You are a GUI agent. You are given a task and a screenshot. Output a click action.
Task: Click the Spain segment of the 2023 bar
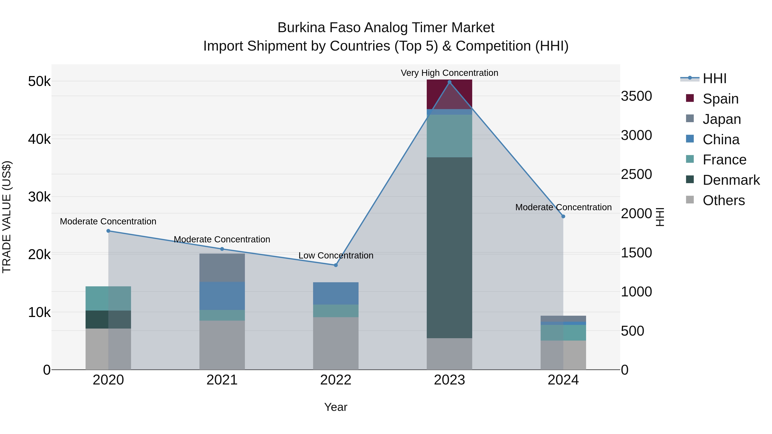point(449,94)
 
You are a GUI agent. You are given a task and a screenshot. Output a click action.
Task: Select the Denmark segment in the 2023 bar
point(449,248)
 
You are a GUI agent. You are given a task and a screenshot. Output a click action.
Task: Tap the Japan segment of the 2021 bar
point(222,267)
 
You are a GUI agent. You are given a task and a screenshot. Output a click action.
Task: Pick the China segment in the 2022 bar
point(336,293)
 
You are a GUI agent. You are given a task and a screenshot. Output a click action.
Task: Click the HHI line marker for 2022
point(336,265)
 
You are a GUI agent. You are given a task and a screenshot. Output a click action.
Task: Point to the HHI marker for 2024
point(563,216)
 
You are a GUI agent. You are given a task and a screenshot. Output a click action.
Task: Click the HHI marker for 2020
point(109,231)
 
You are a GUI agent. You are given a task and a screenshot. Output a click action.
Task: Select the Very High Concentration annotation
point(449,73)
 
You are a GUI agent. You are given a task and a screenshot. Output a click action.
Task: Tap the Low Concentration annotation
point(336,255)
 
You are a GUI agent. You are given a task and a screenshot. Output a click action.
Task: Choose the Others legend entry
point(724,200)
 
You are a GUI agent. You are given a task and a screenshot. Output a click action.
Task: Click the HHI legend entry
point(715,78)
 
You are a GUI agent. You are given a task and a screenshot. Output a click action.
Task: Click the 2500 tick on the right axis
point(636,174)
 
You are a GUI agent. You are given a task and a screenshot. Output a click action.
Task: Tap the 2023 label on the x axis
point(449,380)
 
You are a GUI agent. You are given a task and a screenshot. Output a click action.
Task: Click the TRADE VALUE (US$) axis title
point(7,217)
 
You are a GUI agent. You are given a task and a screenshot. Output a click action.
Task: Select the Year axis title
point(336,407)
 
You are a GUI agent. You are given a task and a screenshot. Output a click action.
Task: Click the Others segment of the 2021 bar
point(222,345)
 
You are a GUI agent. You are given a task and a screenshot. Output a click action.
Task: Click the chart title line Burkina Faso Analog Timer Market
point(386,28)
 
